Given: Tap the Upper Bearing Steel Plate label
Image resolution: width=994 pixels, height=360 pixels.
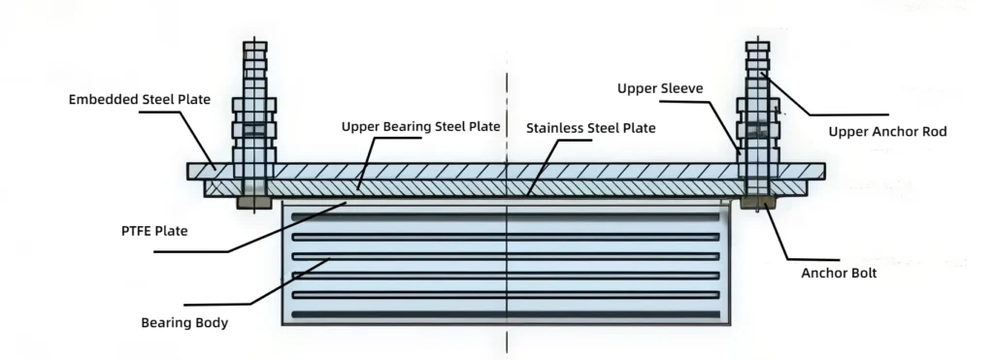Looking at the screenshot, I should point(420,127).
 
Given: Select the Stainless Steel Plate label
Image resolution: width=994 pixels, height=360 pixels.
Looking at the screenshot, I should point(590,128).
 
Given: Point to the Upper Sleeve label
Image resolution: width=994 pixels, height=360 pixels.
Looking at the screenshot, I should point(659,88).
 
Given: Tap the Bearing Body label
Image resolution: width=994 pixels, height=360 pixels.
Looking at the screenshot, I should point(184,322).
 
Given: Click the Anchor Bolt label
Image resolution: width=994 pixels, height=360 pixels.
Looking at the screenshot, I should point(839,274).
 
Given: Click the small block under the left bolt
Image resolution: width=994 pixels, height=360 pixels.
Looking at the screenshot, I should point(253,203).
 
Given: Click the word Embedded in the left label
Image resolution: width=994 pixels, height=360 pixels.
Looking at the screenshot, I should point(99,99).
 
